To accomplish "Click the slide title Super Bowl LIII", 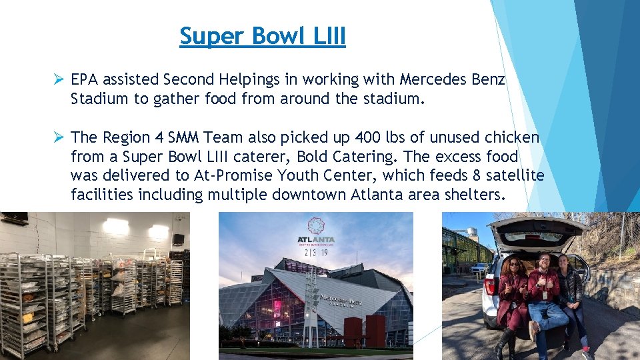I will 263,36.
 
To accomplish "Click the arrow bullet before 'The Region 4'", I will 59,137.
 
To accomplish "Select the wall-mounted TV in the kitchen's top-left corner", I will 13,218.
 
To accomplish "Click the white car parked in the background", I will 479,268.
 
